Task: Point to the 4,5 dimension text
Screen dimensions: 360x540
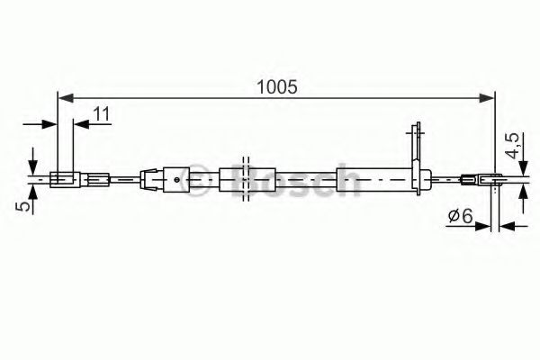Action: [510, 147]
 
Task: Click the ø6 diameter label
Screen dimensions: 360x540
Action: [460, 216]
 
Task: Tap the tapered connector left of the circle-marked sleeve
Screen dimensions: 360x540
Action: [150, 179]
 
